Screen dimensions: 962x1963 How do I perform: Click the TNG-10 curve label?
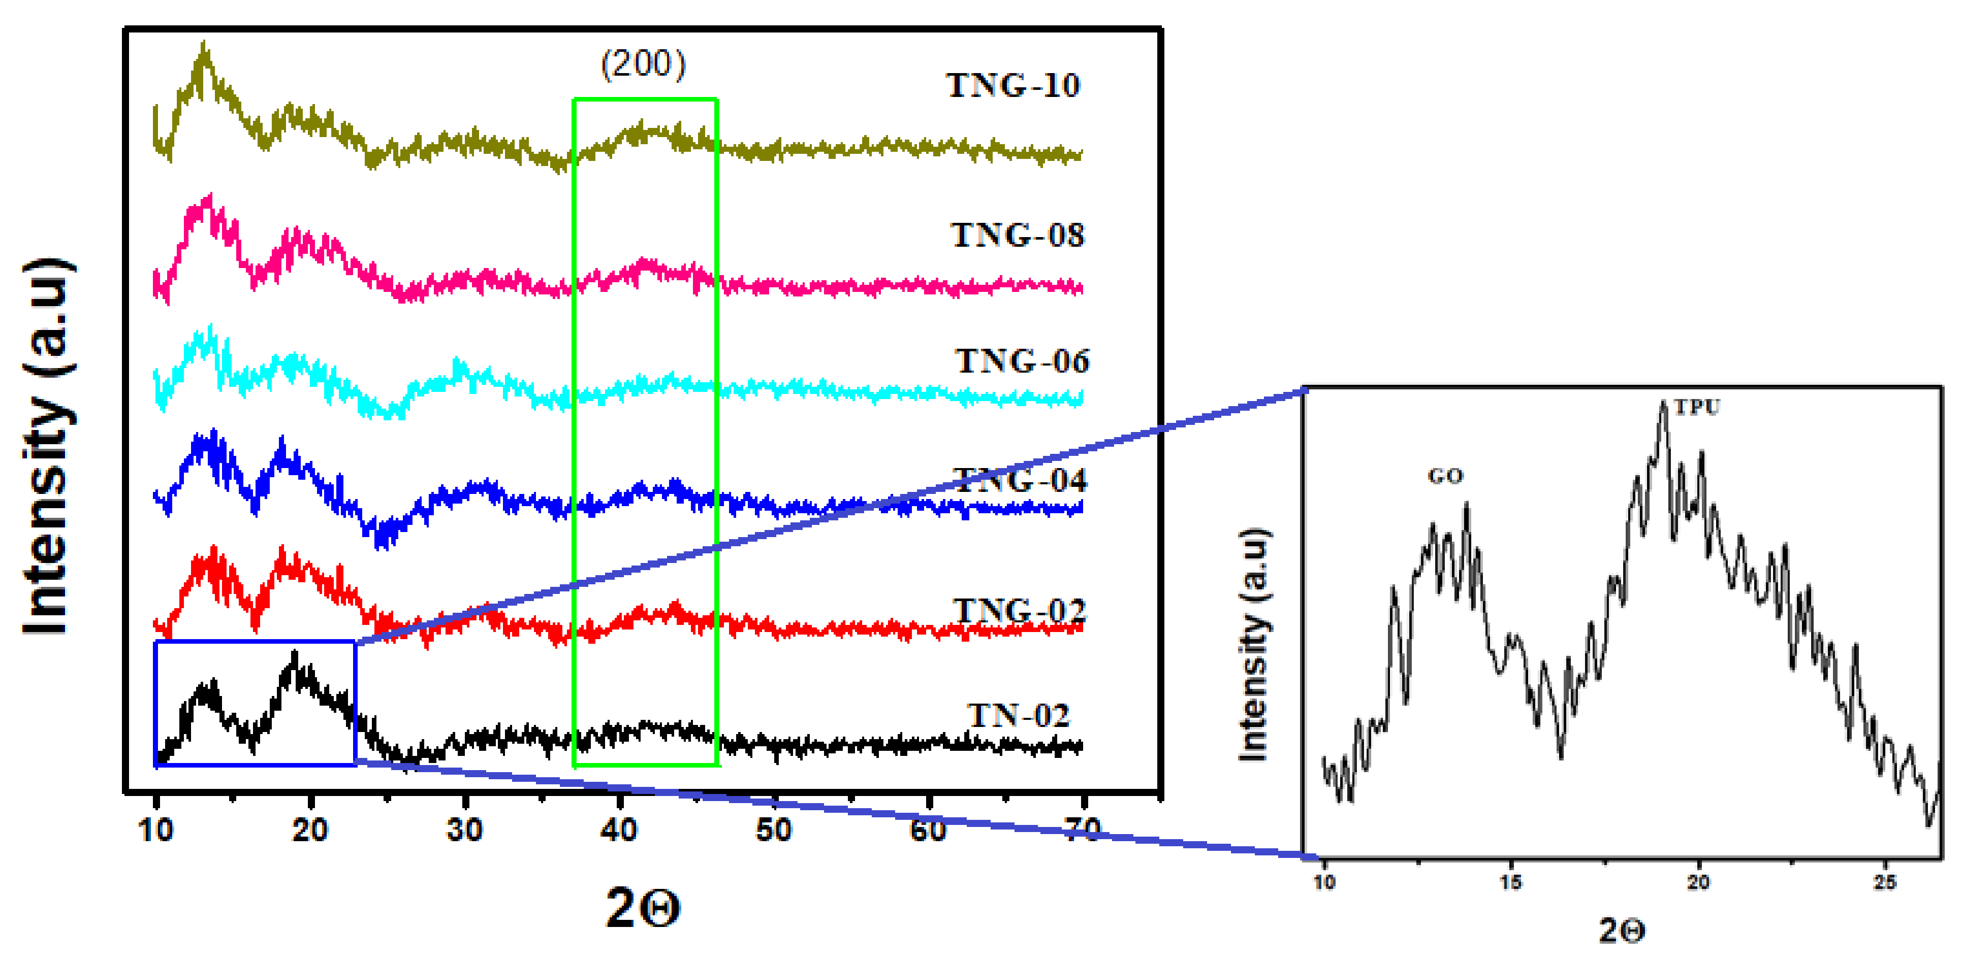[x=1013, y=85]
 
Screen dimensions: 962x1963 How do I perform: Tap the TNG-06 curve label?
[x=1022, y=361]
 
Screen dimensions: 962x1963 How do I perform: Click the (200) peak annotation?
[x=644, y=64]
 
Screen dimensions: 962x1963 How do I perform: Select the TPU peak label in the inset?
[x=1697, y=408]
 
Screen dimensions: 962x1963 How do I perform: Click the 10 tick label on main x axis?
[x=155, y=830]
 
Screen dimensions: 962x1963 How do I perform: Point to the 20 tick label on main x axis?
[x=310, y=830]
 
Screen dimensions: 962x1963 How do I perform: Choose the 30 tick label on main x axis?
[x=465, y=830]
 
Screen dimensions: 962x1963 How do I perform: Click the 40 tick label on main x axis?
[x=619, y=830]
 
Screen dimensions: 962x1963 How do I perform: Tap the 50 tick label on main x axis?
[x=773, y=830]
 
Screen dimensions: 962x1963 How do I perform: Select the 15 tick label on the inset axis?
[x=1510, y=882]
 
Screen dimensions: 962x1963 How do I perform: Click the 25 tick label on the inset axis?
[x=1885, y=882]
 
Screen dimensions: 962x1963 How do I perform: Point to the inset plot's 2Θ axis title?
[x=1622, y=930]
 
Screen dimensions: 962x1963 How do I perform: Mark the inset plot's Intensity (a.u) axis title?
[x=1254, y=644]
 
